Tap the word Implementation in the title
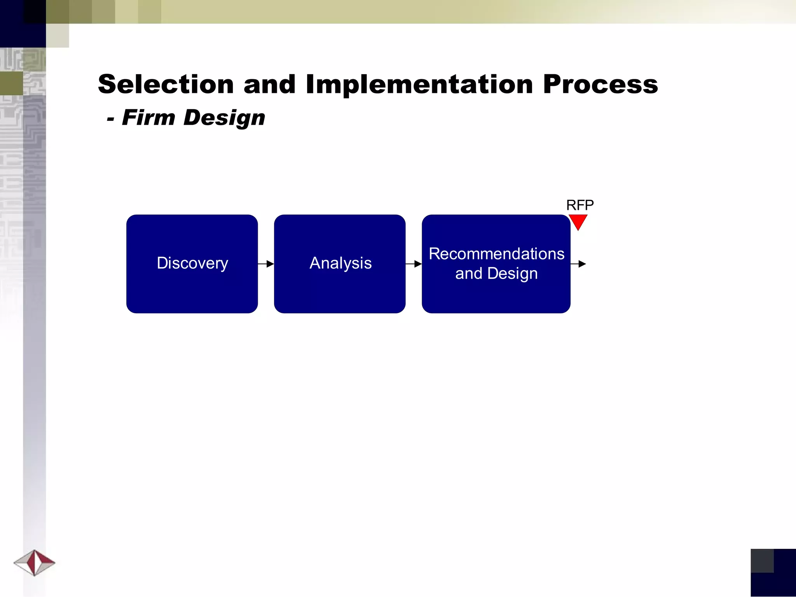tap(419, 85)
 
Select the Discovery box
tap(192, 288)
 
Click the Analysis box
tap(340, 288)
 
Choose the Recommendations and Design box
tap(496, 295)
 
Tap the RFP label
tap(580, 205)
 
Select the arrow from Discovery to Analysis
tap(266, 264)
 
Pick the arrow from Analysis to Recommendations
tap(414, 264)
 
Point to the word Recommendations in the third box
tap(496, 254)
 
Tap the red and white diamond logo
tap(34, 562)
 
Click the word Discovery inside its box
tap(192, 263)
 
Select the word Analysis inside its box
tap(340, 263)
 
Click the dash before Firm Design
tap(110, 119)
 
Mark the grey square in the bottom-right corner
tap(762, 560)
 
